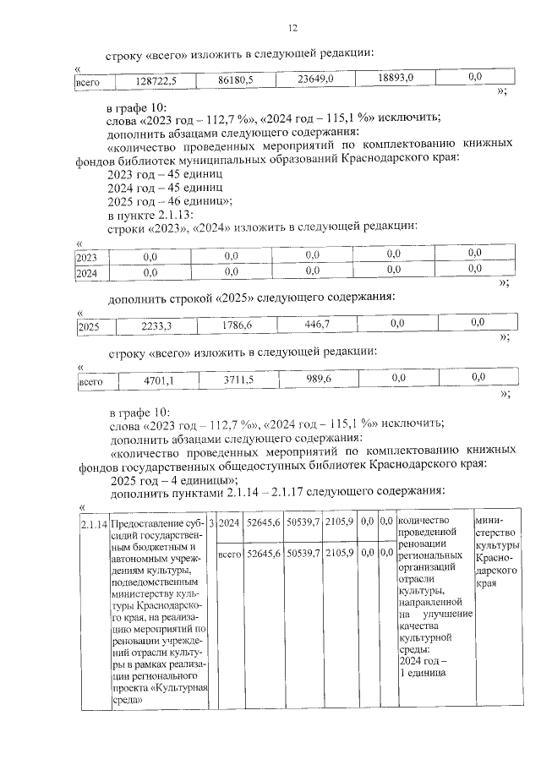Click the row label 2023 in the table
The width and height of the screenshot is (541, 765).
[x=86, y=254]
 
